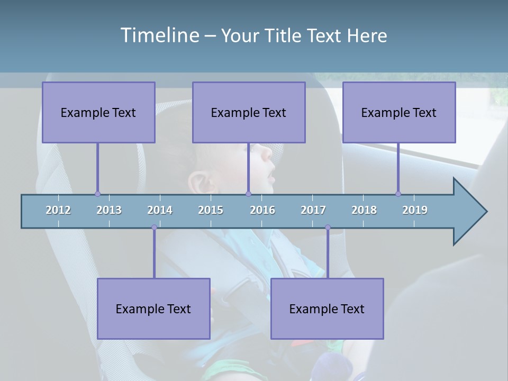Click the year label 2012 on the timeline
click(58, 210)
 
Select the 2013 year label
click(109, 210)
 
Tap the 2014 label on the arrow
click(160, 210)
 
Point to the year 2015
click(211, 210)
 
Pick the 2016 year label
click(262, 210)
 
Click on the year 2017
click(313, 210)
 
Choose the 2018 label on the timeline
click(364, 210)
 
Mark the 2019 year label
click(415, 210)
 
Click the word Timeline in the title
click(158, 35)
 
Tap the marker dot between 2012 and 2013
click(97, 194)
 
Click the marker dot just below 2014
click(154, 228)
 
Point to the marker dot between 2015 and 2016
click(248, 194)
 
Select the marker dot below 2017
click(328, 228)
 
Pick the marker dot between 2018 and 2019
click(398, 194)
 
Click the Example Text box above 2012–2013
click(98, 112)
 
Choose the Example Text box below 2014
click(153, 309)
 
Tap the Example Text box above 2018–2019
click(399, 112)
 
